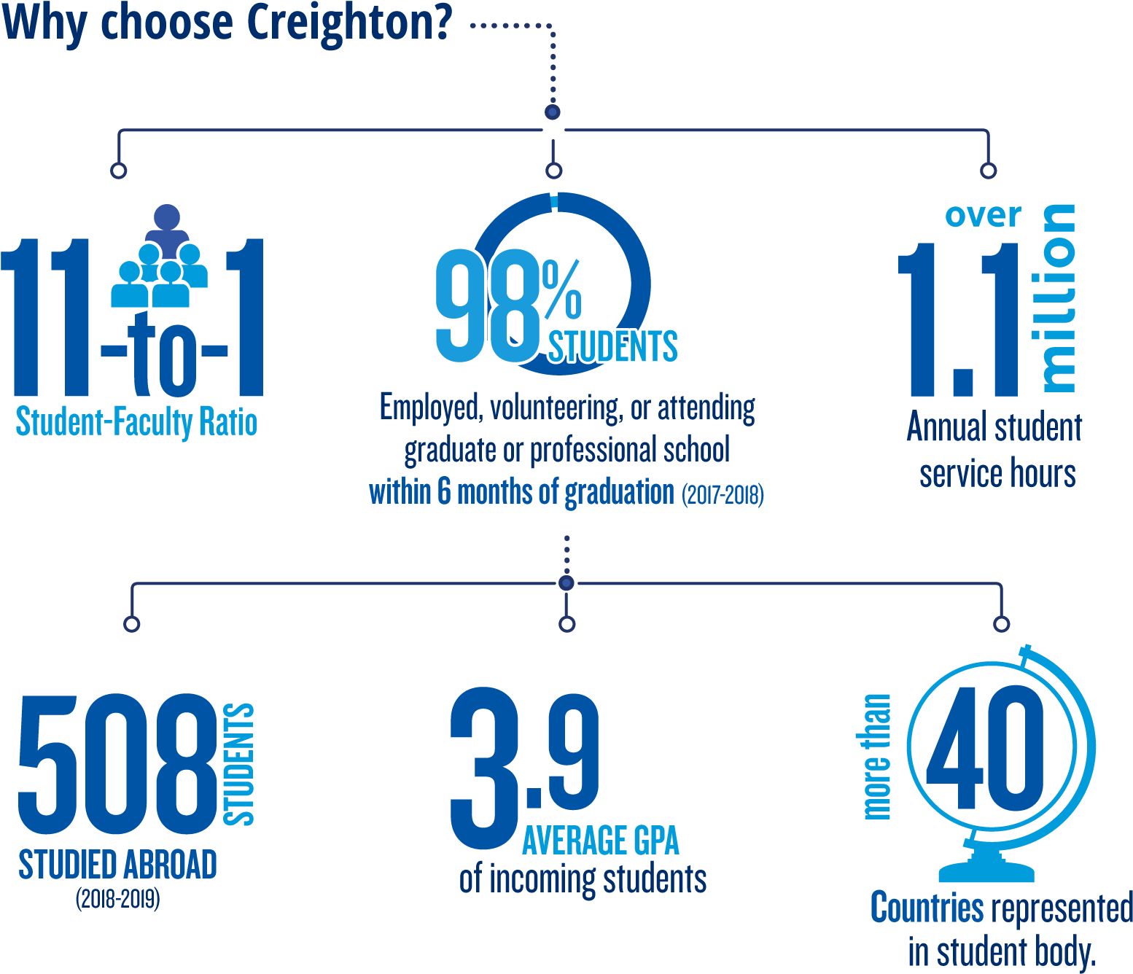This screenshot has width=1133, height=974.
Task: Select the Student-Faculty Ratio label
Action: coord(136,421)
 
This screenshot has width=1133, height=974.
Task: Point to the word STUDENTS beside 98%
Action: coord(613,346)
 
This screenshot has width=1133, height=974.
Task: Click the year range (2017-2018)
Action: coord(723,495)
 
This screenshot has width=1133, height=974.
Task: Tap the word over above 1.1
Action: coord(984,215)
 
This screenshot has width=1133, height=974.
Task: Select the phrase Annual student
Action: coord(994,426)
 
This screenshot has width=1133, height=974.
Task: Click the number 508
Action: coord(118,765)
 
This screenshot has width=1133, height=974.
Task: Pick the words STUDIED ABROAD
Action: coord(118,865)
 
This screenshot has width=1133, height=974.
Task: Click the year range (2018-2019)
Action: coord(118,899)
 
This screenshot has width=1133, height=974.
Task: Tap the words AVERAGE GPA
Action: coord(601,841)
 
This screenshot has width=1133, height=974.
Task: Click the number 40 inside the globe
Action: coord(985,748)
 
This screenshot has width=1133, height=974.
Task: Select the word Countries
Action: coord(927,907)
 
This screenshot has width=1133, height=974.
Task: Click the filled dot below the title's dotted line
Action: coord(553,112)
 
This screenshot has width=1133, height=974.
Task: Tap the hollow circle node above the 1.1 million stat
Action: coord(989,171)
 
